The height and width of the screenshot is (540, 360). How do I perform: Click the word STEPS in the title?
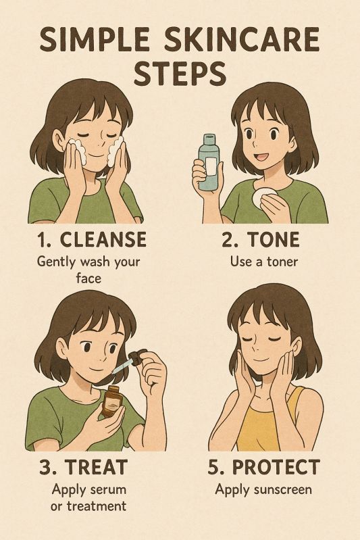180,74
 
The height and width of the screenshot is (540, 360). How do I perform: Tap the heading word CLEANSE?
103,239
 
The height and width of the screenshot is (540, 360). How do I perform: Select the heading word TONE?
274,239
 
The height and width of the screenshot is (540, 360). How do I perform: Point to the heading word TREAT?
97,467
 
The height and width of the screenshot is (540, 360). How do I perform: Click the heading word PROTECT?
276,467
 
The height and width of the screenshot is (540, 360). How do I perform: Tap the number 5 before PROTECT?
214,467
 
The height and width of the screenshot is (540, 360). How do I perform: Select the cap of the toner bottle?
209,139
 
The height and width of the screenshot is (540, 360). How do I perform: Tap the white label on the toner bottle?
211,166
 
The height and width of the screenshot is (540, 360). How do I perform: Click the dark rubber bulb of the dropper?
138,356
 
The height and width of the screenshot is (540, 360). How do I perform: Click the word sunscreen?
282,489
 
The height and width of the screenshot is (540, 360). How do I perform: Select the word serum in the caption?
109,489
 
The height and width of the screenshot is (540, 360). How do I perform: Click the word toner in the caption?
282,262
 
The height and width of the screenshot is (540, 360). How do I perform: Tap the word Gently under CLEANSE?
56,262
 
